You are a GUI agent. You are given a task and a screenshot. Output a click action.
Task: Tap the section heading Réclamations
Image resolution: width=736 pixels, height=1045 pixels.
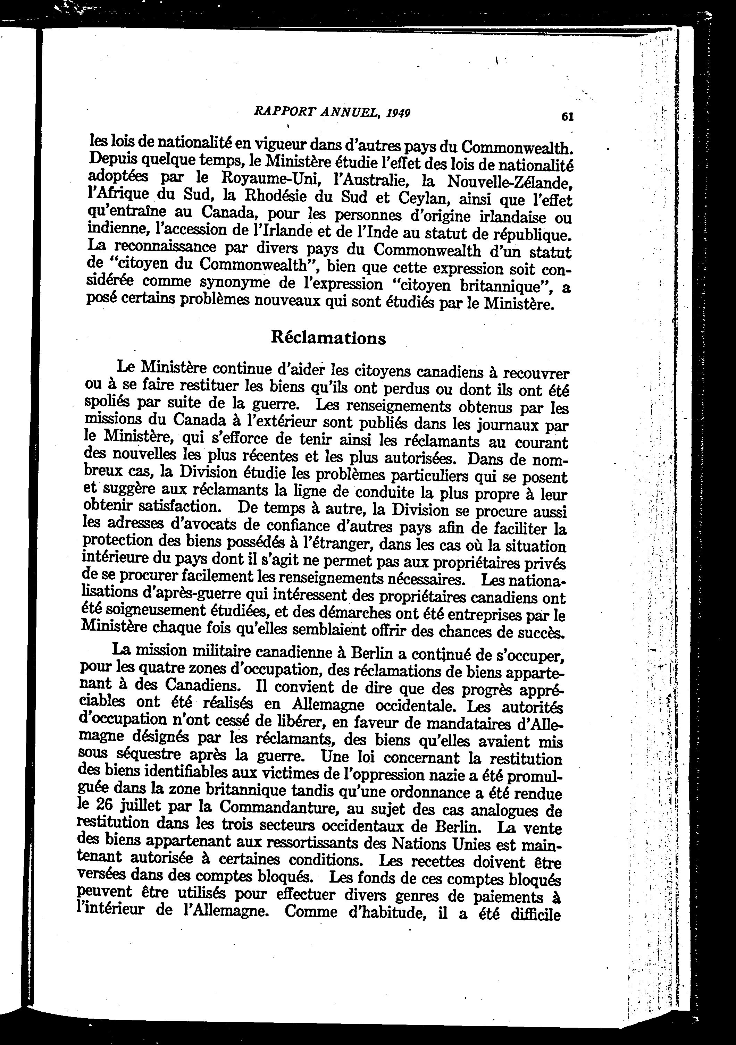pos(328,338)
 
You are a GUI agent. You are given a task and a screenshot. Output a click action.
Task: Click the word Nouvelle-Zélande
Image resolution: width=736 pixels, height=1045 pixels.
pos(510,182)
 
